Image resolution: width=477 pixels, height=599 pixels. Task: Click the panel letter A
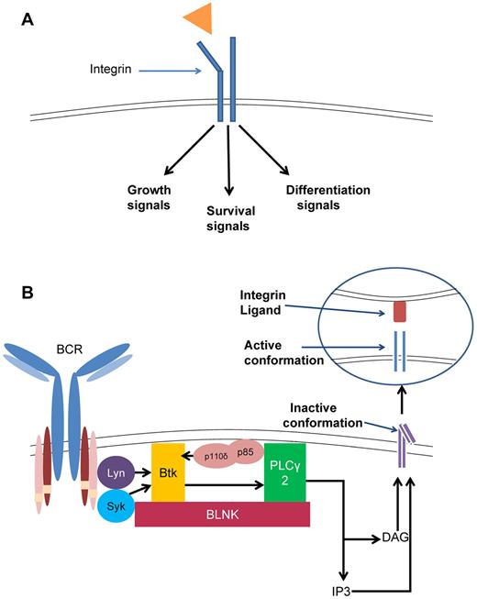29,20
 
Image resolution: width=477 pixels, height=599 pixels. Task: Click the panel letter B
29,296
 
